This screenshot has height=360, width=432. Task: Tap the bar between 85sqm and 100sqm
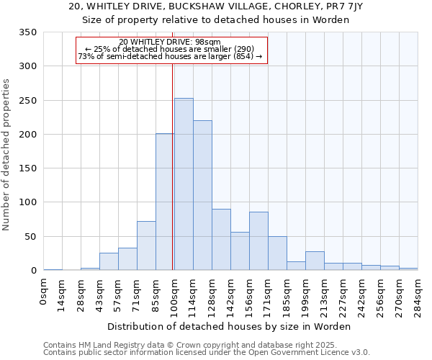pyautogui.click(x=165, y=202)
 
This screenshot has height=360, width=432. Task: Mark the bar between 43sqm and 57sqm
pyautogui.click(x=109, y=262)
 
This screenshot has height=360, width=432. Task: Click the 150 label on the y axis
pyautogui.click(x=27, y=168)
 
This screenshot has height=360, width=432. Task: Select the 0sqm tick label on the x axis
pyautogui.click(x=44, y=292)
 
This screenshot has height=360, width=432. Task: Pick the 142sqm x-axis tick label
pyautogui.click(x=231, y=294)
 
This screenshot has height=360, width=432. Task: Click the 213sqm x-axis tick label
pyautogui.click(x=325, y=294)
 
